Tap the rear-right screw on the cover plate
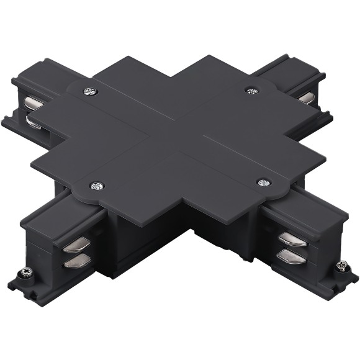[x=251, y=90]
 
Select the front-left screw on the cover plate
[x=96, y=185]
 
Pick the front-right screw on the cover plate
[x=263, y=182]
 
